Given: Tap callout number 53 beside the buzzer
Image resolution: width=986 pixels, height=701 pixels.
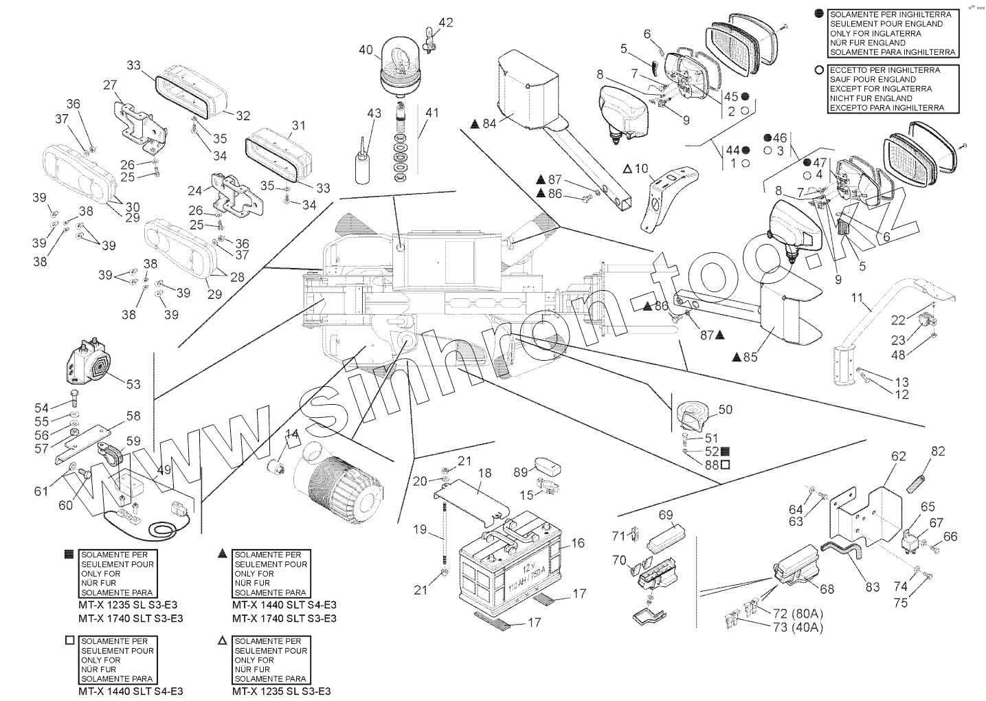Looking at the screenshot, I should point(133,384).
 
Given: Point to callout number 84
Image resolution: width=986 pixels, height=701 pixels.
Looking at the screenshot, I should point(489,124).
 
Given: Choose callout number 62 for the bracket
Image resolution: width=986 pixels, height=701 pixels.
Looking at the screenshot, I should point(899,456).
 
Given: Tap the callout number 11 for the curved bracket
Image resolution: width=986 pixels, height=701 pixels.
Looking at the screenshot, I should point(856,298).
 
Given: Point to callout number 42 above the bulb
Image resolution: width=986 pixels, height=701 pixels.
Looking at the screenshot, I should point(445,22).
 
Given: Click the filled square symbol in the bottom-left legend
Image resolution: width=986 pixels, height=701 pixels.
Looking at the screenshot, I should point(68,553).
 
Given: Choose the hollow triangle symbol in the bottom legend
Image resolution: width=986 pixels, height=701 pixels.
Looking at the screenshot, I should point(222,640).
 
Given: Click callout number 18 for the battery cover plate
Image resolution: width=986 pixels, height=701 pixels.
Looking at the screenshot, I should point(484,473).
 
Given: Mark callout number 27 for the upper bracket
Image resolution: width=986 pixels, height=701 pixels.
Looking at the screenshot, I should point(110,85).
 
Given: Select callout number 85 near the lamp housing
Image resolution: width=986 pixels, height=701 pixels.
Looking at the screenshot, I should point(750,357).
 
